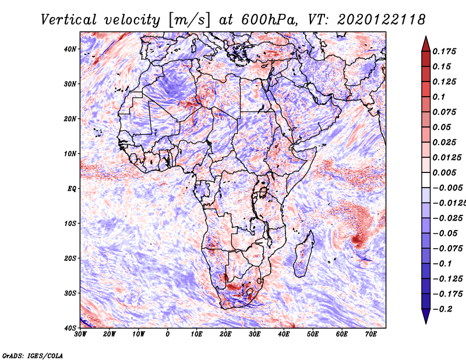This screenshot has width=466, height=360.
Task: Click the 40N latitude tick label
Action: [70, 49]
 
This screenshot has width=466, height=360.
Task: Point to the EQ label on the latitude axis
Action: [72, 189]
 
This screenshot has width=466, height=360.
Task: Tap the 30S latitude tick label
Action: [70, 294]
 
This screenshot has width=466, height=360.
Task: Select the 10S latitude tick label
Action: [70, 224]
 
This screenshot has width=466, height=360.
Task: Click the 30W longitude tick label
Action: [80, 334]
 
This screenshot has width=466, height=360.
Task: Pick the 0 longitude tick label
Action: [168, 334]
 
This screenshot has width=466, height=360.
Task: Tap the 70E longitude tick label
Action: [371, 334]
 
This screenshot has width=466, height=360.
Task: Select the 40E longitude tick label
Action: [284, 334]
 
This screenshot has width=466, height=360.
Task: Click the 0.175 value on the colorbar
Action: [444, 51]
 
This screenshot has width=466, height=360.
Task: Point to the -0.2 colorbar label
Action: [443, 309]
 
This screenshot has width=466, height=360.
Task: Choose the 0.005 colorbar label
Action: [444, 172]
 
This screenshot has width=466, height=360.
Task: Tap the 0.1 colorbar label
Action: [439, 97]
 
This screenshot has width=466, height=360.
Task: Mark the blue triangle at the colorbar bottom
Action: [426, 316]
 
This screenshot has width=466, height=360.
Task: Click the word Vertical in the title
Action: [69, 20]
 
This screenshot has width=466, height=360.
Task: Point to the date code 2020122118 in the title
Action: [382, 20]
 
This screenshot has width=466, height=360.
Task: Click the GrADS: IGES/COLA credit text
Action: [33, 355]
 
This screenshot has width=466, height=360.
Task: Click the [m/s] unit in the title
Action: [189, 20]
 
